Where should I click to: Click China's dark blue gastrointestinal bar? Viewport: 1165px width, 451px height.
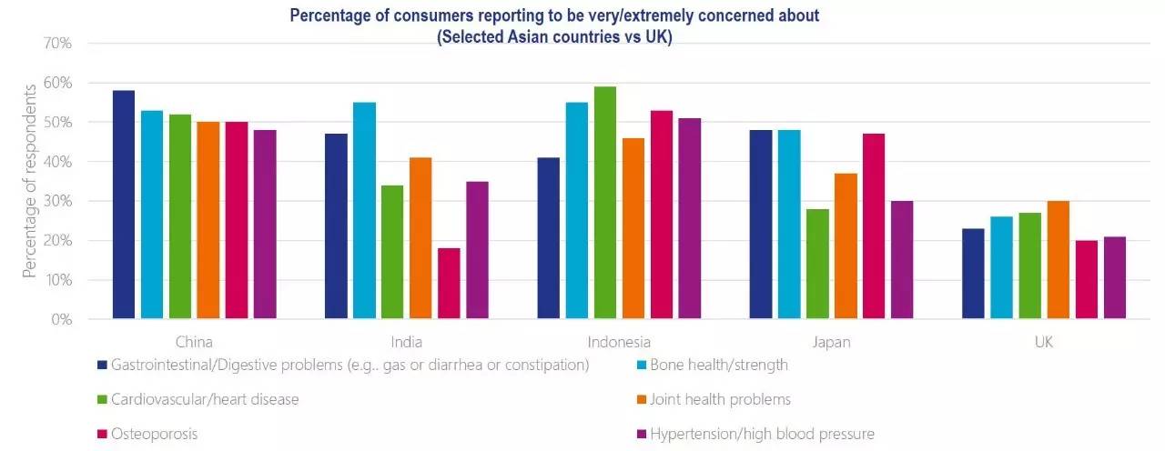(123, 205)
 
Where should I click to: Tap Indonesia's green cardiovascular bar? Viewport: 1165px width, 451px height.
(604, 203)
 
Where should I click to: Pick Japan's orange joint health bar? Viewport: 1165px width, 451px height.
(846, 246)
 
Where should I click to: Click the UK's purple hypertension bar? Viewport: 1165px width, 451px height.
(1114, 277)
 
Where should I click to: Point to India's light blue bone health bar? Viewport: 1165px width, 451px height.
(364, 211)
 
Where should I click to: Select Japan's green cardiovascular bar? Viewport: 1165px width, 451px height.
(817, 264)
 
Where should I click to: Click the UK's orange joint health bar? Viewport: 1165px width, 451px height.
(1058, 260)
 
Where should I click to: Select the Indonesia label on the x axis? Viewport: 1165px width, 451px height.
(619, 343)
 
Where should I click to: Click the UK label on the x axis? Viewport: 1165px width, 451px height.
(1044, 343)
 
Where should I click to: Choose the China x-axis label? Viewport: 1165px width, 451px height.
(194, 343)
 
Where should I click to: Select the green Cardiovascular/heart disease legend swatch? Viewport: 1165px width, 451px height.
(102, 400)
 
